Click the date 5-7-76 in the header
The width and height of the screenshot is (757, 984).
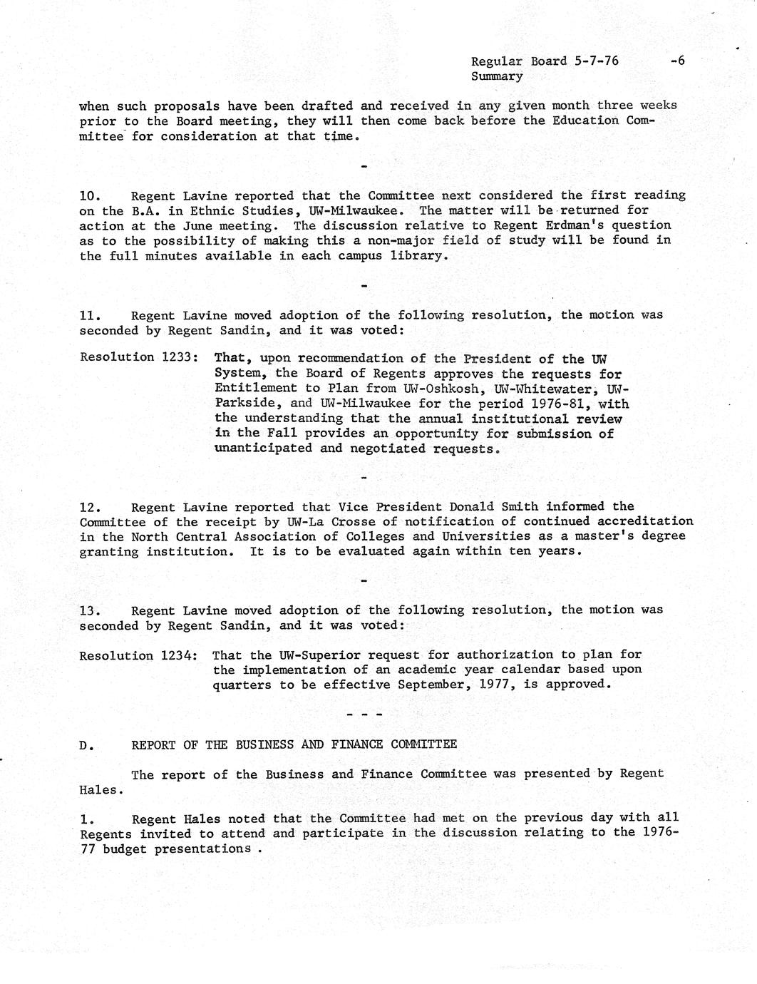(596, 61)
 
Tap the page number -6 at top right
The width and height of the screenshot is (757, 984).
(677, 61)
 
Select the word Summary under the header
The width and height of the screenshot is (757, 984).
(496, 76)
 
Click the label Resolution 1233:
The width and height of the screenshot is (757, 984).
(138, 357)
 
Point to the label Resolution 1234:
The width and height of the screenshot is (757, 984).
(138, 655)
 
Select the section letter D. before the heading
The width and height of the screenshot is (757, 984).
(86, 745)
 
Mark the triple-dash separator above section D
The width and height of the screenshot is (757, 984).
(364, 714)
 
